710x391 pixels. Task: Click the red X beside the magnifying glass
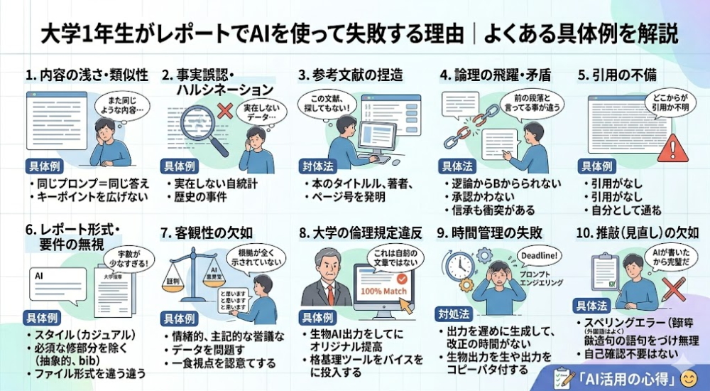tap(226, 110)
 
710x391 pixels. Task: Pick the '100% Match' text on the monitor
tap(382, 290)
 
